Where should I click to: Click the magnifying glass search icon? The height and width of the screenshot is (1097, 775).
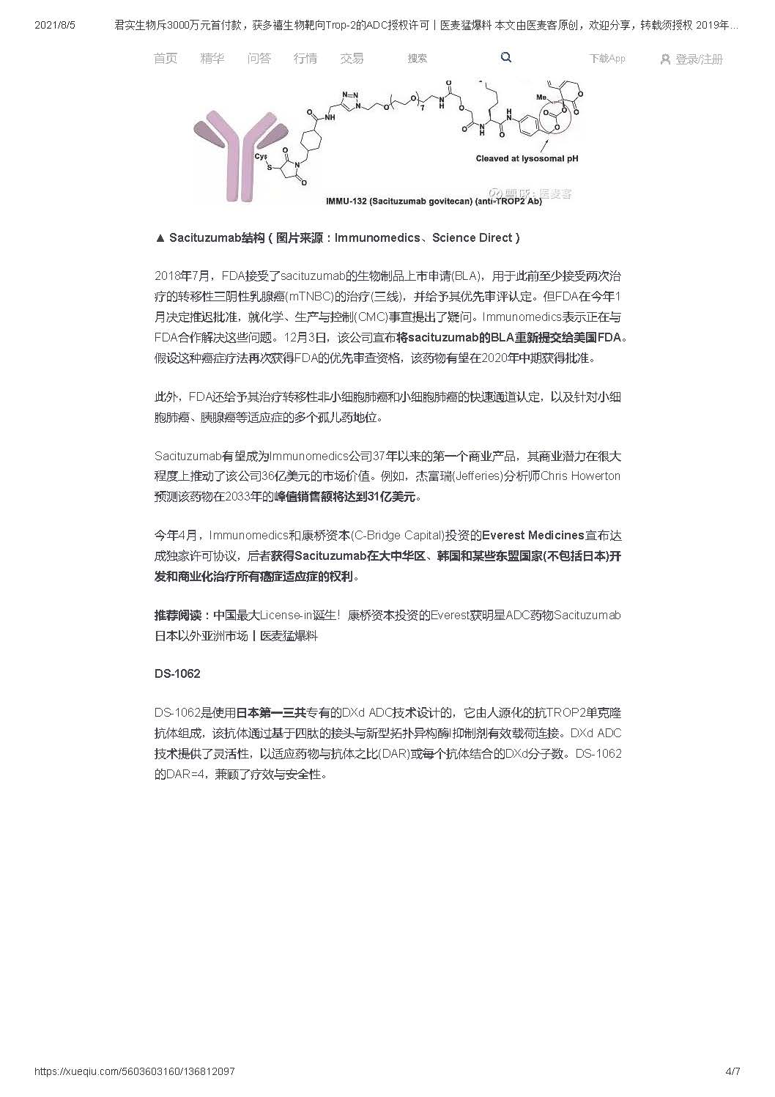506,57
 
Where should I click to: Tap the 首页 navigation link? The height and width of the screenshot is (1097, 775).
166,59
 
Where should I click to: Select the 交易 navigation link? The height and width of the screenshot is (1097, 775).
352,59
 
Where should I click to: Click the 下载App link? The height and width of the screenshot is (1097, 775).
607,59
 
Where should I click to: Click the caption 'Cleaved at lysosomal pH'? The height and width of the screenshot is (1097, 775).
527,158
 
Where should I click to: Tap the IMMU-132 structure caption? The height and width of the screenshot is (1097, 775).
434,201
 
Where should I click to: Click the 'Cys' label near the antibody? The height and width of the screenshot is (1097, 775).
261,156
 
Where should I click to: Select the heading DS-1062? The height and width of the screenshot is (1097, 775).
177,673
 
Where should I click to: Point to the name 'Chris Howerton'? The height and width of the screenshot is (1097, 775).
580,476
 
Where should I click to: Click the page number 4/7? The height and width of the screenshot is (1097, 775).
733,1071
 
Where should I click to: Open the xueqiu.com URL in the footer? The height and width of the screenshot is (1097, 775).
135,1071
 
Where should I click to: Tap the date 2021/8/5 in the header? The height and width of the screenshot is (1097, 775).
55,25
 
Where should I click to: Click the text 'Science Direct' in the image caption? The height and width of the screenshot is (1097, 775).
475,237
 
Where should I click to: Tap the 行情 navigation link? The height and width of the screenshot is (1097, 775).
305,59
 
